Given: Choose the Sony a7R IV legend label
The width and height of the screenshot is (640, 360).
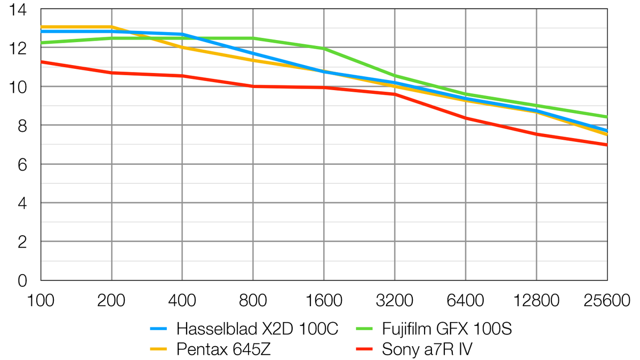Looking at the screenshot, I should point(427,349).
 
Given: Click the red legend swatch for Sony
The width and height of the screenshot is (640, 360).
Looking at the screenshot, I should point(365,349).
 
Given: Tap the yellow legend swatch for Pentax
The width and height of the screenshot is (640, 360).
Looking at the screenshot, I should point(158,349).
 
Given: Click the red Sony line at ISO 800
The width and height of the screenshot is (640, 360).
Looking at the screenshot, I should point(253,86).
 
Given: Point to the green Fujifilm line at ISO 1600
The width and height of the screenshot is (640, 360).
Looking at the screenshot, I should point(324,49).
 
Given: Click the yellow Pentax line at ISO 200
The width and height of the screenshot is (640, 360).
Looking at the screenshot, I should point(111,27).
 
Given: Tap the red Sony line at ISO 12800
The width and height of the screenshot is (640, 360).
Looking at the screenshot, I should point(537,134).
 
